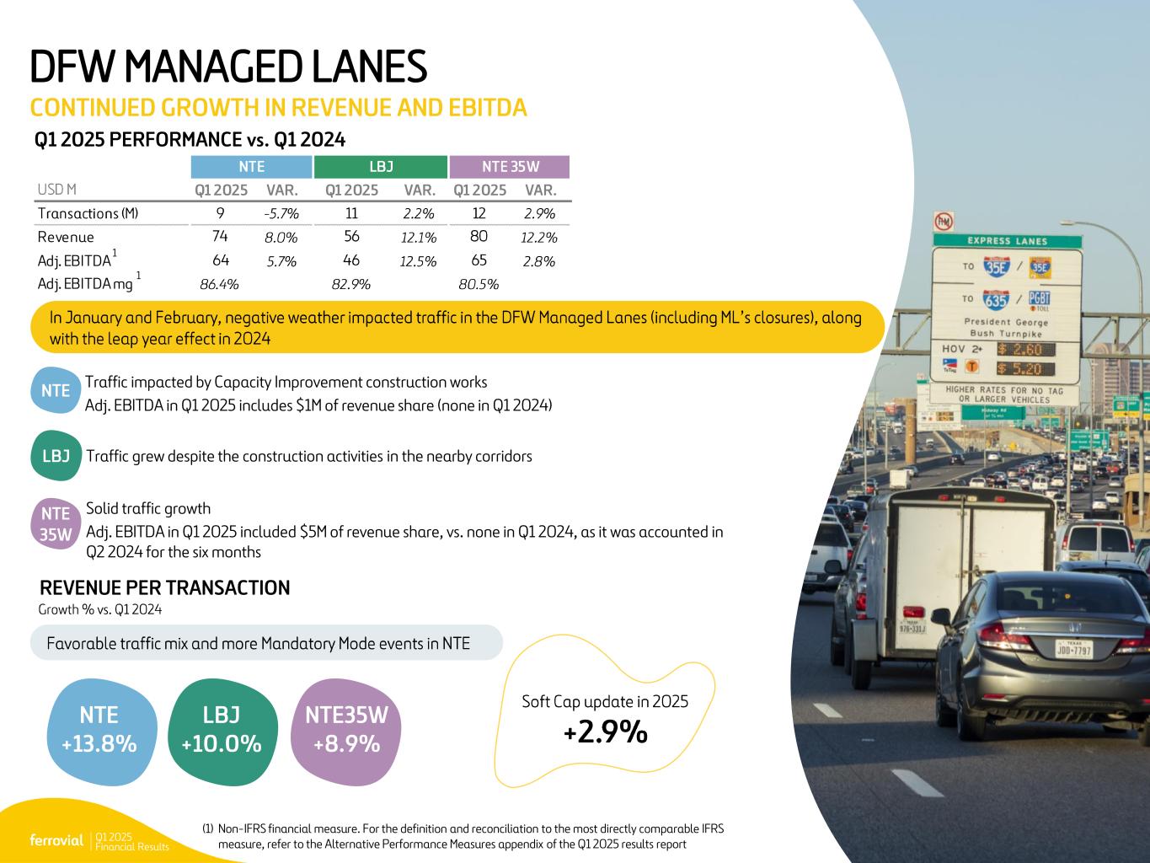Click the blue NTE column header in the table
pyautogui.click(x=251, y=167)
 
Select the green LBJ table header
pyautogui.click(x=381, y=167)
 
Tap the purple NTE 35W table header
pyautogui.click(x=510, y=167)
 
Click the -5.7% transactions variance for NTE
pyautogui.click(x=281, y=214)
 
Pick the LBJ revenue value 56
pyautogui.click(x=351, y=236)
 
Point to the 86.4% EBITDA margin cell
pyautogui.click(x=219, y=285)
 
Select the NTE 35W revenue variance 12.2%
pyautogui.click(x=538, y=238)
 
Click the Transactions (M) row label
pyautogui.click(x=88, y=214)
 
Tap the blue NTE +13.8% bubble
pyautogui.click(x=100, y=732)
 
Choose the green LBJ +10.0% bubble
pyautogui.click(x=222, y=732)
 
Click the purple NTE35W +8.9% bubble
pyautogui.click(x=345, y=732)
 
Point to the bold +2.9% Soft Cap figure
pyautogui.click(x=606, y=732)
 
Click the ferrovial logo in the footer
pyautogui.click(x=56, y=840)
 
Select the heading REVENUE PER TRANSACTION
pyautogui.click(x=164, y=588)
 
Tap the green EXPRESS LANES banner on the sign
pyautogui.click(x=1007, y=241)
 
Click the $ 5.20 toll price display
pyautogui.click(x=1026, y=369)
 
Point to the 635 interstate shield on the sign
pyautogui.click(x=996, y=300)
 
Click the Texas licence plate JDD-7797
pyautogui.click(x=1073, y=649)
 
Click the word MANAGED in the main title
pyautogui.click(x=213, y=67)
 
